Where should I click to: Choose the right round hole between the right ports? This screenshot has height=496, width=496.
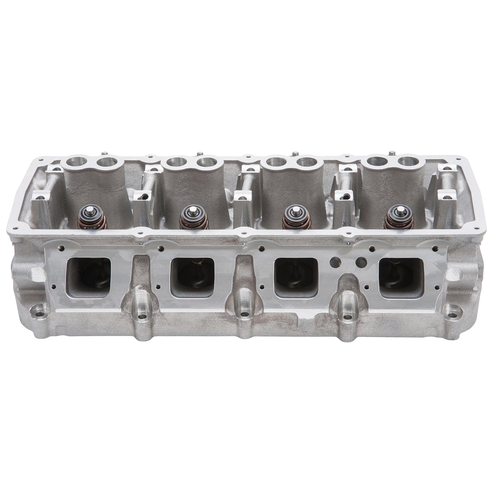(361, 262)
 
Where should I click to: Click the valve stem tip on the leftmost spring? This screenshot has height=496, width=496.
(88, 209)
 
